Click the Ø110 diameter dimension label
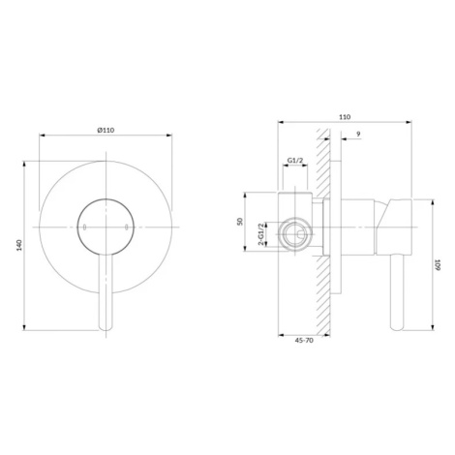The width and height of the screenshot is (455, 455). click(106, 130)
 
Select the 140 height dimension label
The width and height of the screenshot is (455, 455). click(19, 245)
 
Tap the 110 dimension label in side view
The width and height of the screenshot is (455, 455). click(345, 117)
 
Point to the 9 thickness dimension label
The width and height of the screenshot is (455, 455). click(359, 134)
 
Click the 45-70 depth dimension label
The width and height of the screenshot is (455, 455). click(304, 340)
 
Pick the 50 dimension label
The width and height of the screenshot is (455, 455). click(240, 222)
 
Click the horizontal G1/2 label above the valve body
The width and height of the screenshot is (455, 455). click(295, 160)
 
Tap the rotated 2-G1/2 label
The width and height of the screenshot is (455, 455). click(261, 234)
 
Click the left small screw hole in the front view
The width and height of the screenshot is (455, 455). click(84, 227)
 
